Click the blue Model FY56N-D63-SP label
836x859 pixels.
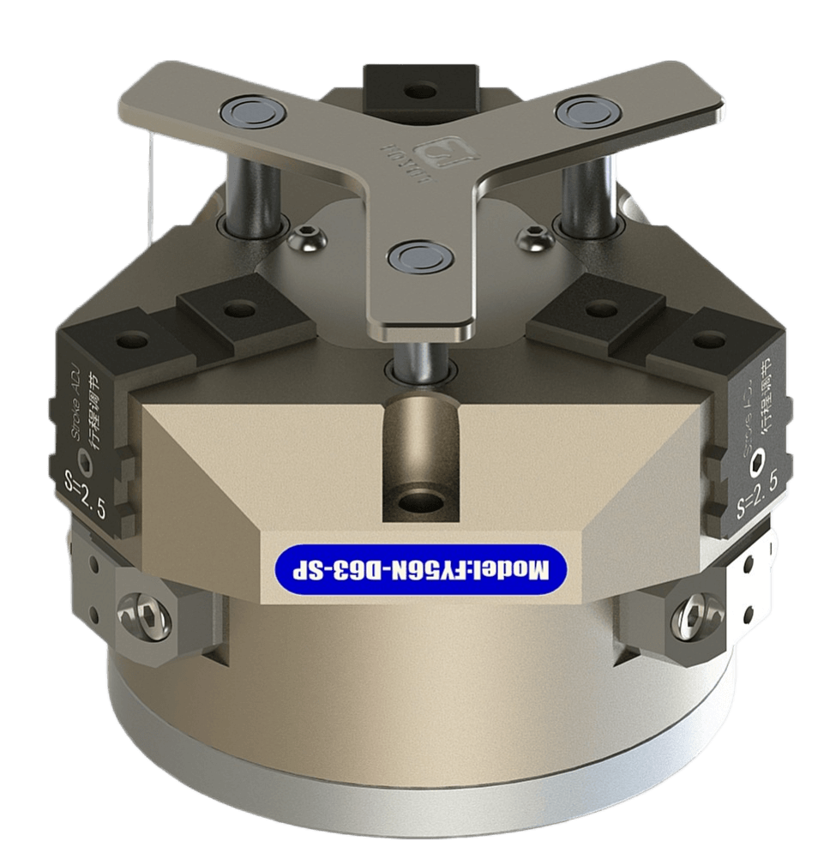(421, 566)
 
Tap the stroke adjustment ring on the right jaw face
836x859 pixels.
(757, 464)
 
